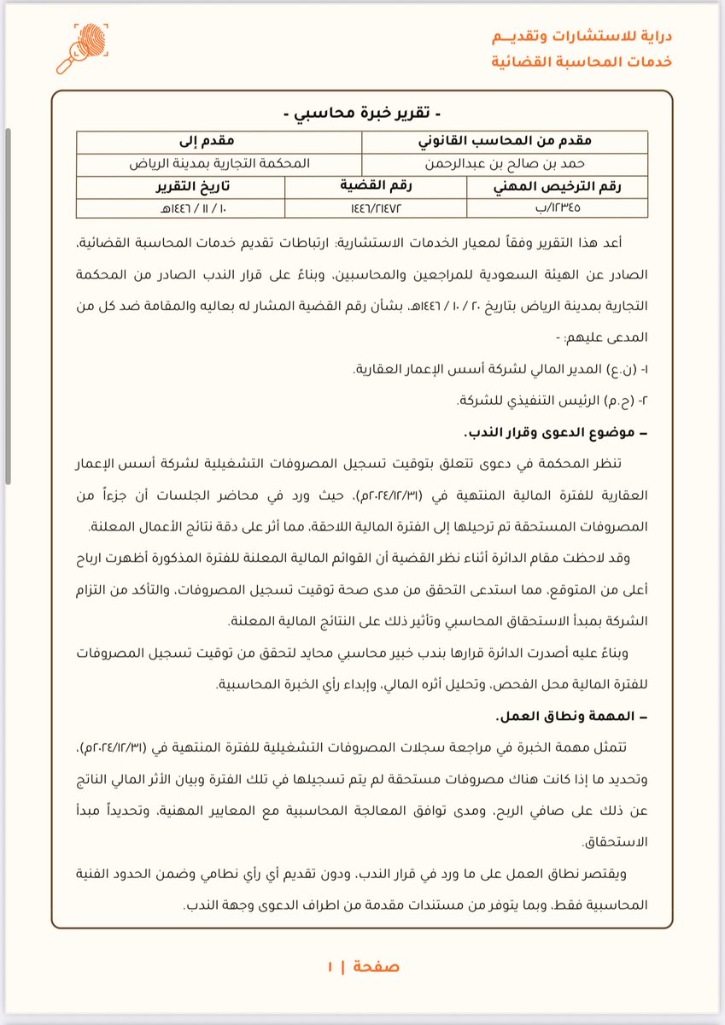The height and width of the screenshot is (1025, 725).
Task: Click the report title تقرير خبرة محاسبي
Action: pos(363,114)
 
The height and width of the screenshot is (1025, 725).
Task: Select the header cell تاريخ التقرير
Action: pos(181,187)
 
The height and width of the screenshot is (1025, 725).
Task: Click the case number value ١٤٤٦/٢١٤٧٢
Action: pos(377,208)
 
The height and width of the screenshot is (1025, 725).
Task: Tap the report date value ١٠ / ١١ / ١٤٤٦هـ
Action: pos(181,208)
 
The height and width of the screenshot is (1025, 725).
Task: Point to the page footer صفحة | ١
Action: pos(363,968)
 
